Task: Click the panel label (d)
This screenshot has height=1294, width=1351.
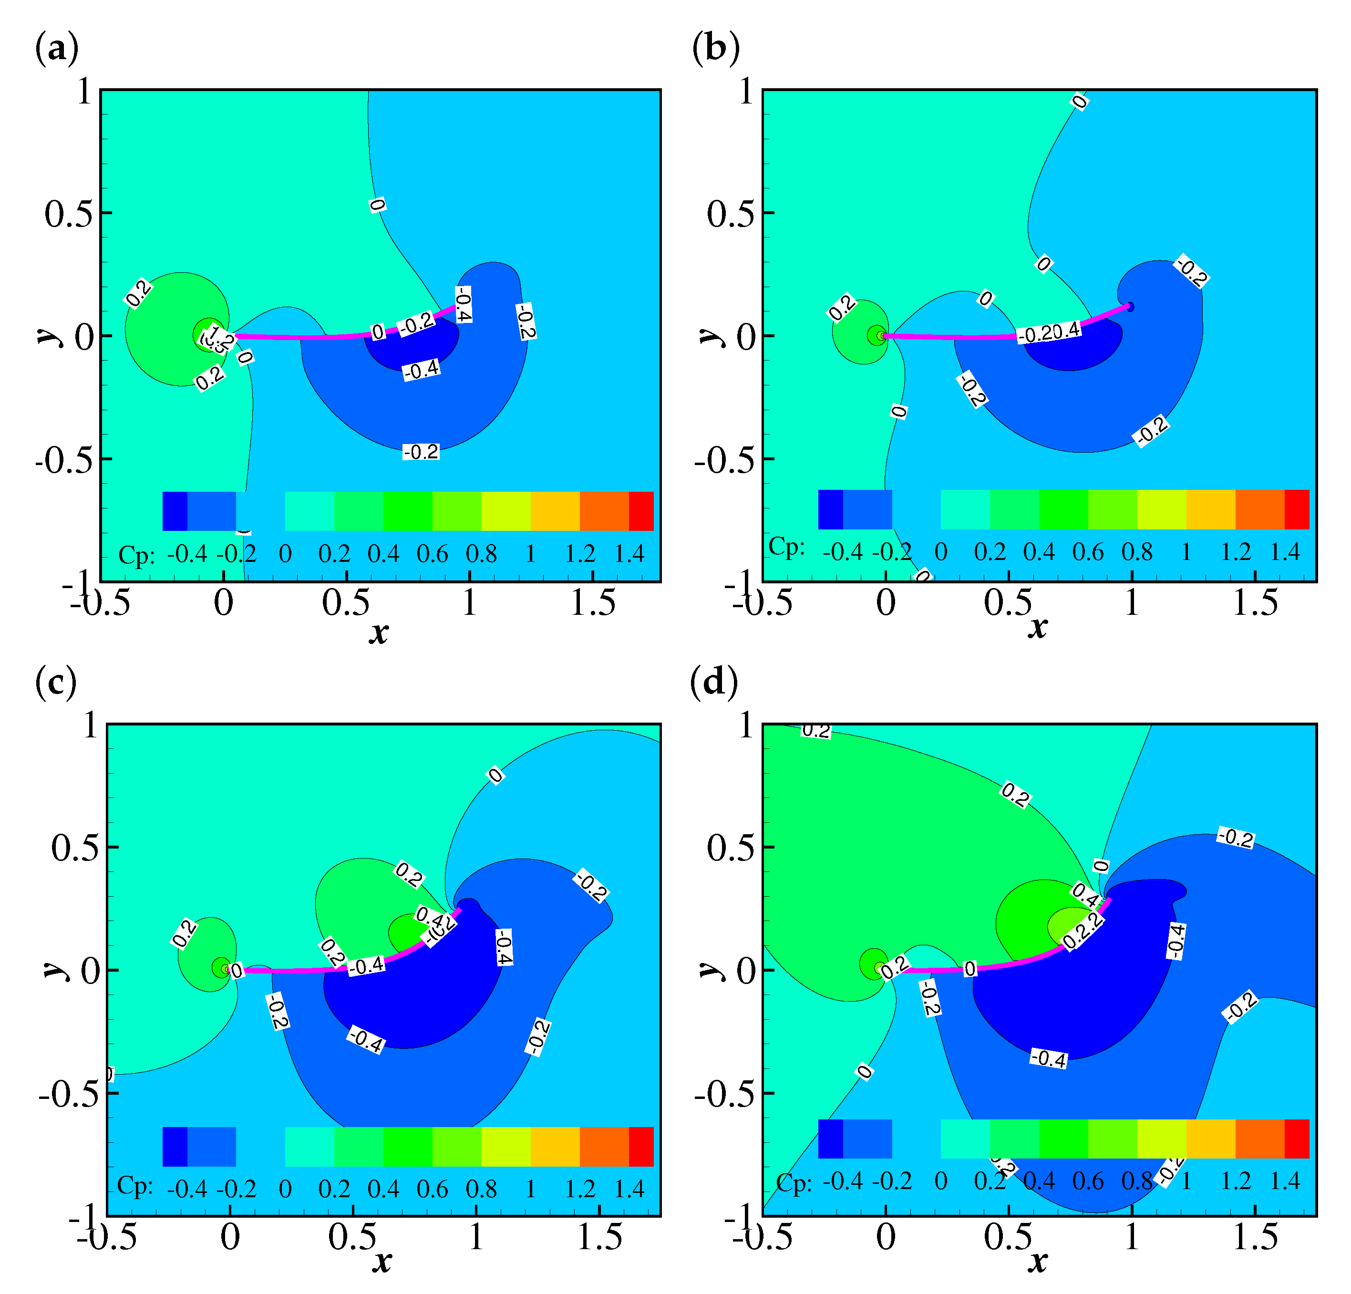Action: point(714,683)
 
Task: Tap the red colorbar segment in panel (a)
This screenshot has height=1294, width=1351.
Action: point(641,511)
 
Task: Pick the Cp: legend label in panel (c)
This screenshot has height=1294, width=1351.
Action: point(134,1186)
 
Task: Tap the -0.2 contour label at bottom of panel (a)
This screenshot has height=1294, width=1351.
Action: point(421,452)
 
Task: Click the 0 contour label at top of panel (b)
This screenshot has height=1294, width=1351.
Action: point(1080,102)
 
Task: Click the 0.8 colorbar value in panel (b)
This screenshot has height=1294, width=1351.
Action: point(1136,552)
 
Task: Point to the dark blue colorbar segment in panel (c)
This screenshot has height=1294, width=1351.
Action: point(175,1147)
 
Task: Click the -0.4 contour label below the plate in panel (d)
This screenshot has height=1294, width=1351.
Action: point(1048,1058)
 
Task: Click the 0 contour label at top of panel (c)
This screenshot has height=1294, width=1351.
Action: point(495,776)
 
